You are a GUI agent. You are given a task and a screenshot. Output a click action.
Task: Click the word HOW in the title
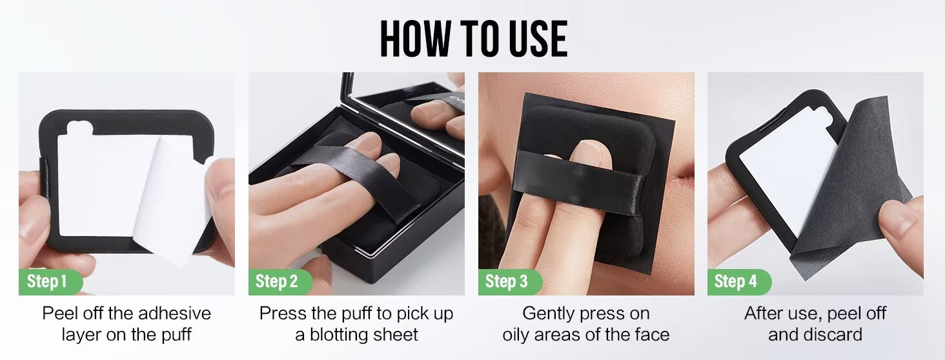[416, 38]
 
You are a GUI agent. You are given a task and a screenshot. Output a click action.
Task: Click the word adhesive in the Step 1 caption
[174, 313]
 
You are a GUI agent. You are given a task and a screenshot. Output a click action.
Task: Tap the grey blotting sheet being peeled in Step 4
[848, 185]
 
